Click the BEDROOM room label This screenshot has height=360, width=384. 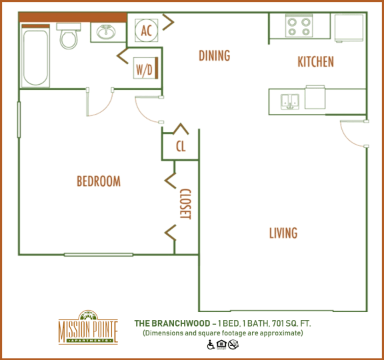[99, 181]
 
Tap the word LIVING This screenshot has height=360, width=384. [283, 233]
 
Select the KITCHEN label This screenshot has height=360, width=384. [315, 62]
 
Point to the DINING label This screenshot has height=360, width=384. [214, 56]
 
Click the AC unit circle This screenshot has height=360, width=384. [147, 30]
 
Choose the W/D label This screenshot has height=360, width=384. [143, 69]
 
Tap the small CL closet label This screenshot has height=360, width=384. [180, 147]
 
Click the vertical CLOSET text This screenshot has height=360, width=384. [185, 203]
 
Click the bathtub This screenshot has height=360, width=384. [33, 55]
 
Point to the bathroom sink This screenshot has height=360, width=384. [105, 32]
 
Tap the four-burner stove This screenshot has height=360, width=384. [299, 27]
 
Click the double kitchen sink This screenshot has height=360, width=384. [289, 101]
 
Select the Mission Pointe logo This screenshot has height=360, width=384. [88, 327]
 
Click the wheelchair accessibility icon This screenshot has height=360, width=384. [210, 345]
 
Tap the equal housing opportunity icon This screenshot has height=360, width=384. [221, 345]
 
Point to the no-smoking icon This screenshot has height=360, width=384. [233, 345]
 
